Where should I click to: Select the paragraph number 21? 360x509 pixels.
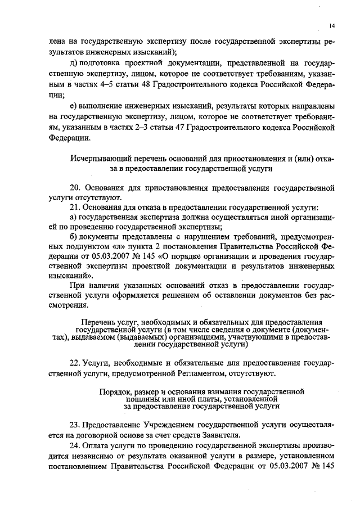pos(74,206)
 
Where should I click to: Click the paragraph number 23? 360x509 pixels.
pos(74,423)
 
